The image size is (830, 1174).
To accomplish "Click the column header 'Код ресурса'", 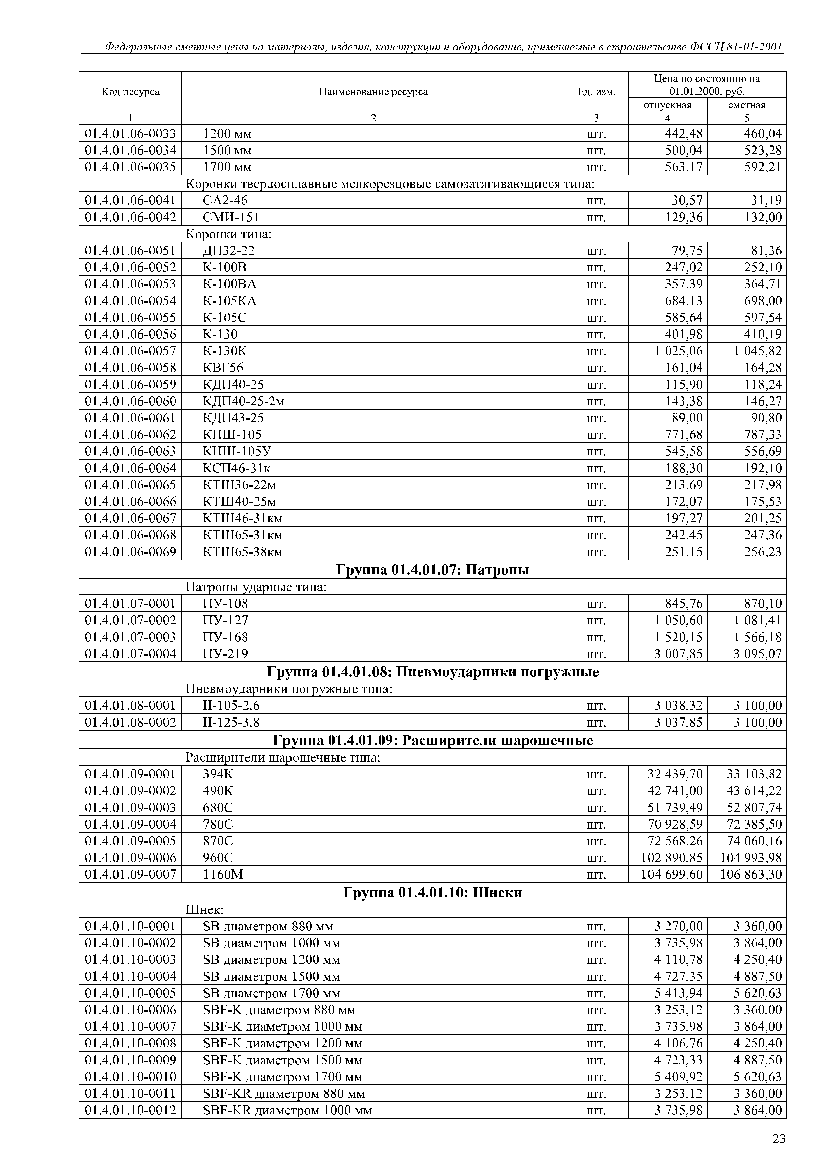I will (131, 92).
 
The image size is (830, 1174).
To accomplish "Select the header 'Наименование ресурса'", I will (373, 92).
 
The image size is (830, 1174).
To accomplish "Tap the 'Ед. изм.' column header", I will (596, 92).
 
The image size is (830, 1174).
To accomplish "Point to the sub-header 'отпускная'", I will (667, 105).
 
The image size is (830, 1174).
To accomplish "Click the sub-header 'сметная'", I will (747, 105).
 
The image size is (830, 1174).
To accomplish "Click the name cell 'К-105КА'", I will (230, 301).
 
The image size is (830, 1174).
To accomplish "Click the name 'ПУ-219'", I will (226, 654).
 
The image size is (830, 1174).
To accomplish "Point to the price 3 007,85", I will (679, 654).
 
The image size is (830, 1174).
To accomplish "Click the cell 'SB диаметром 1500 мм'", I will (271, 977).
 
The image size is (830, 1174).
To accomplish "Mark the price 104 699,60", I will (672, 875).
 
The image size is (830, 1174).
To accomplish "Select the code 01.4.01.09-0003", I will (131, 808).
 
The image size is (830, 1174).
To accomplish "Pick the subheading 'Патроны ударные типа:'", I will (256, 587).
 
